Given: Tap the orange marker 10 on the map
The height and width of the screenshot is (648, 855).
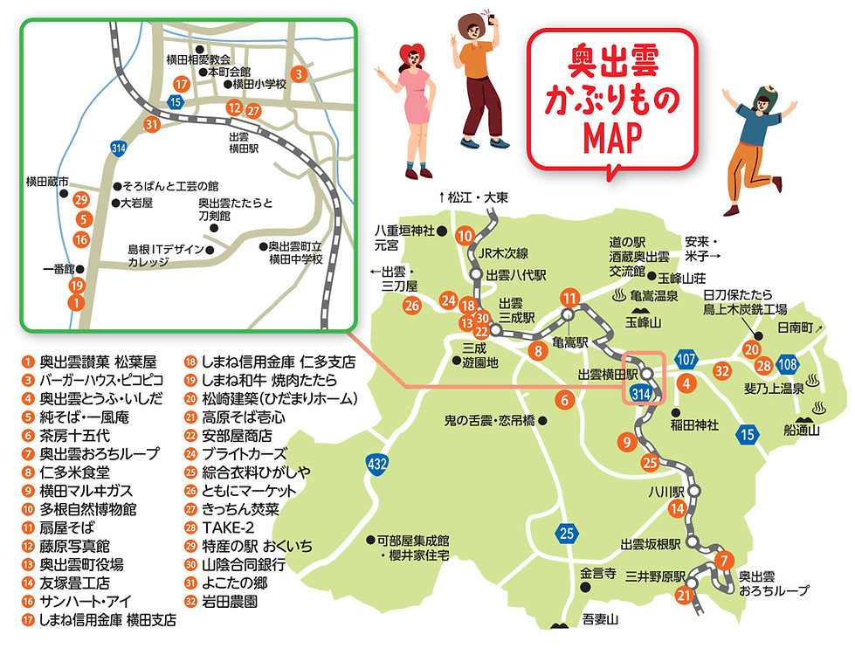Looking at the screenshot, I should [465, 236].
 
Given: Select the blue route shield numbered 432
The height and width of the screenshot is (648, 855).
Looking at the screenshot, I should [377, 465].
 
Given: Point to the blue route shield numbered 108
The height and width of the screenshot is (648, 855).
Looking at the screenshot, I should [787, 364].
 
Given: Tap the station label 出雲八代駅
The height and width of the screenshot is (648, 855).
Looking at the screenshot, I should [515, 275].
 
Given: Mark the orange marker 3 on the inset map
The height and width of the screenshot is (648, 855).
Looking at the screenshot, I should [299, 74].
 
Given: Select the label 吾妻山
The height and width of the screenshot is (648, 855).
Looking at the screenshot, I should [600, 619].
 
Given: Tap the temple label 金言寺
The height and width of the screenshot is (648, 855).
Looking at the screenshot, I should [598, 574].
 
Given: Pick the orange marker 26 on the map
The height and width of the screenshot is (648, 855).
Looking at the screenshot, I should [412, 305].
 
